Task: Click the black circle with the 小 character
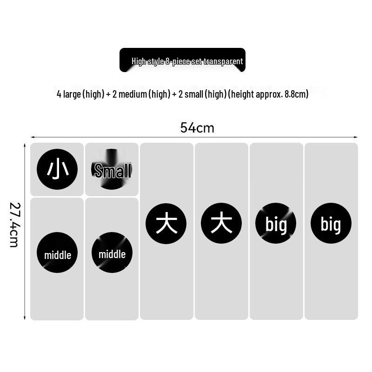(57, 169)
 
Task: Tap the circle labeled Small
(112, 169)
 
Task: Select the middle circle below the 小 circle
(57, 252)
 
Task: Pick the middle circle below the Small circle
(112, 252)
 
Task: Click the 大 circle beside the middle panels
(166, 223)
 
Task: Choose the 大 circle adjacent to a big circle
(221, 223)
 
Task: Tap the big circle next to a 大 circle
(276, 223)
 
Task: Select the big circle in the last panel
(331, 223)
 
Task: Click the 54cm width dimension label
(197, 127)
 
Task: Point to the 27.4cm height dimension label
(14, 225)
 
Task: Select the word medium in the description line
(133, 94)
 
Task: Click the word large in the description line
(72, 94)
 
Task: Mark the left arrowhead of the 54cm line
(32, 137)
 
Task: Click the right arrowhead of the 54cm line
(356, 137)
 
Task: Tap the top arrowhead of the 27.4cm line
(25, 145)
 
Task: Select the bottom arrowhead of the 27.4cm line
(25, 318)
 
